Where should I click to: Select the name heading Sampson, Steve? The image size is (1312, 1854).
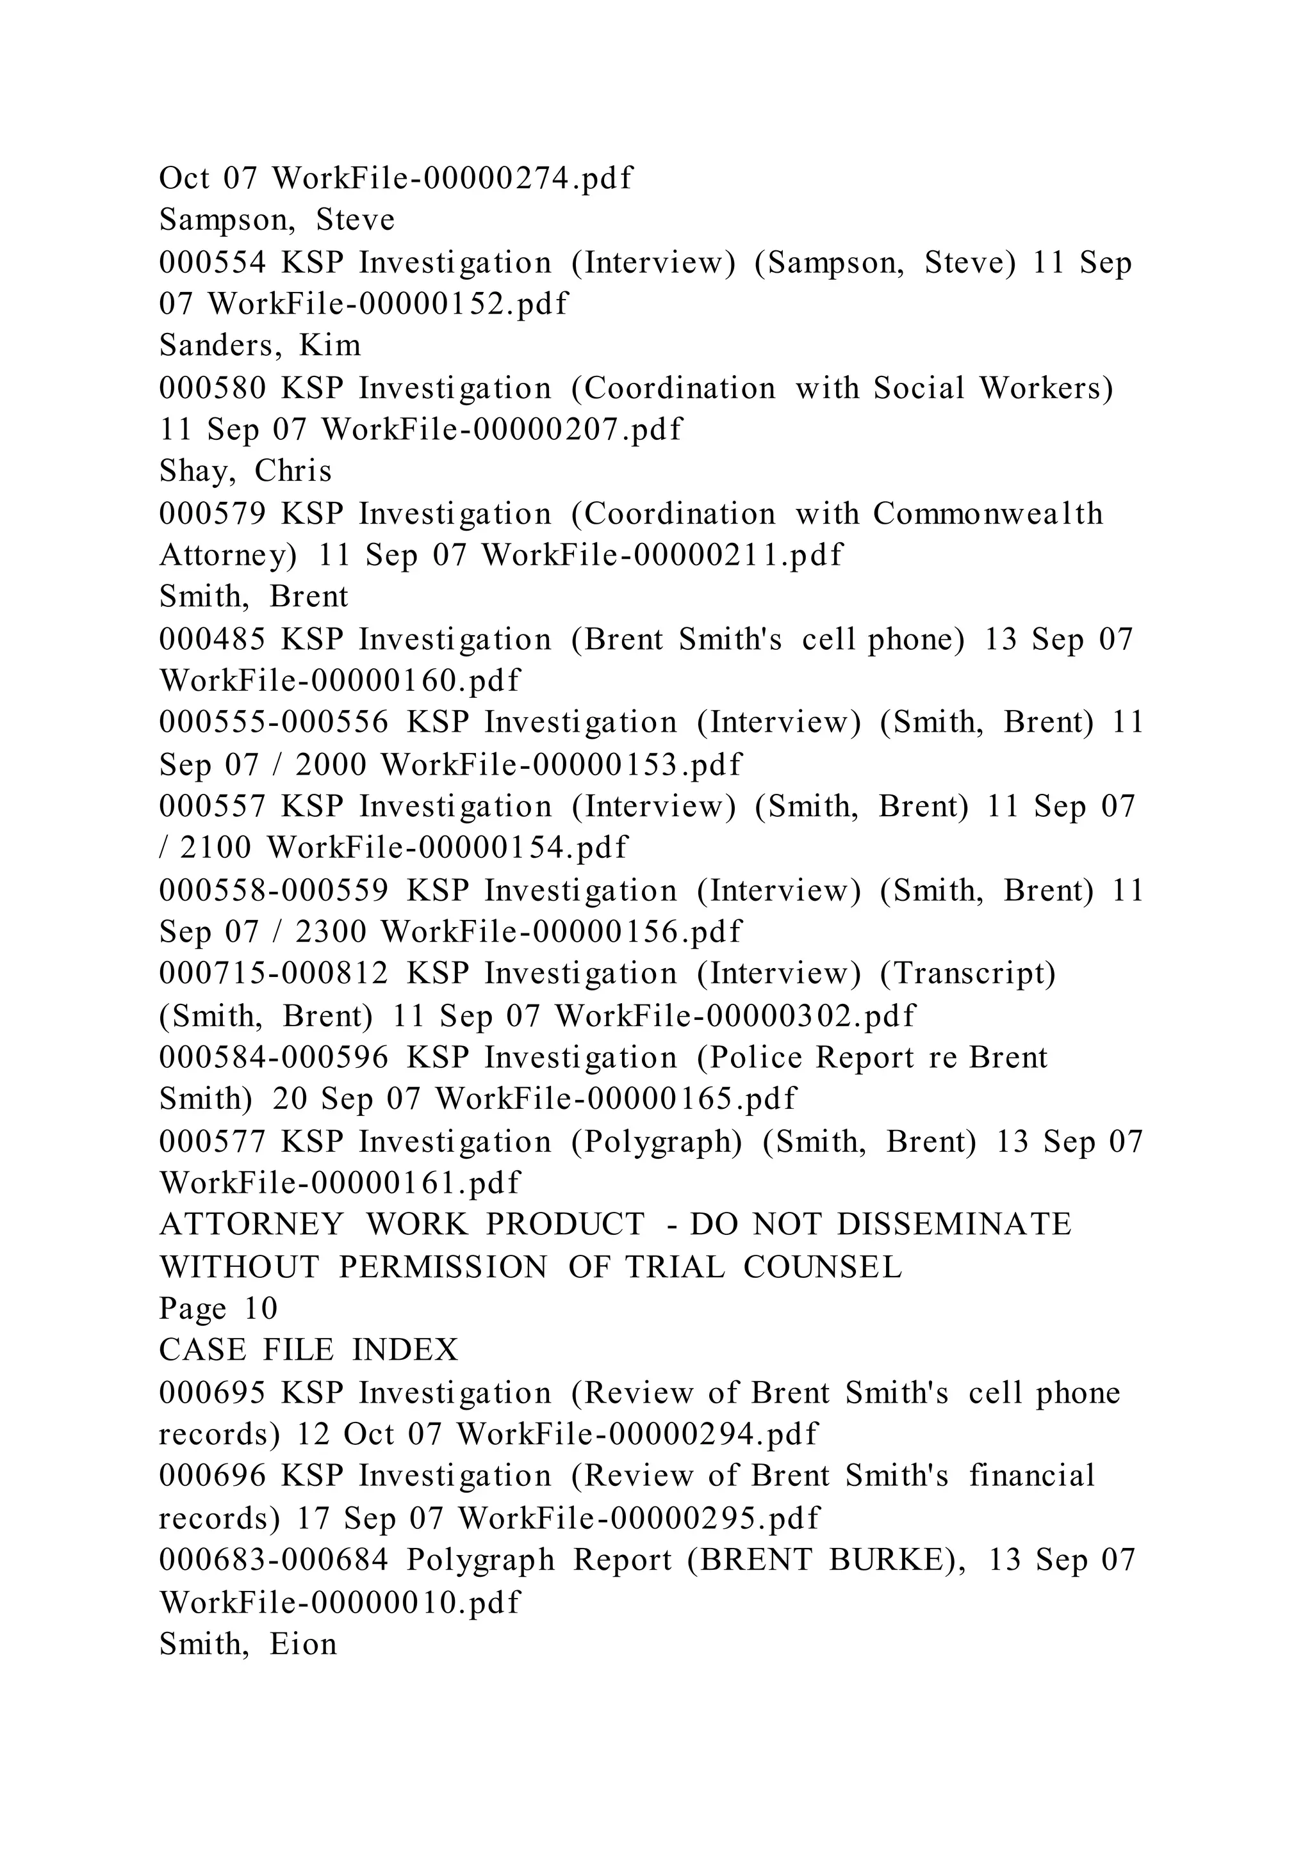[x=277, y=220]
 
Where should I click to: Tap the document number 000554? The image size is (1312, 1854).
[x=211, y=262]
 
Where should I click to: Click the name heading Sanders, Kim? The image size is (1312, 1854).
[x=259, y=346]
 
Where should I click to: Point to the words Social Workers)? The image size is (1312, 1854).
[x=993, y=389]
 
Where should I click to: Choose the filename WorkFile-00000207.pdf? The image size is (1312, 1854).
[x=502, y=430]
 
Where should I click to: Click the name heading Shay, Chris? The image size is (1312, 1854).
[x=245, y=472]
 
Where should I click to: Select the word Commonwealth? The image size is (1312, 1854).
[x=987, y=513]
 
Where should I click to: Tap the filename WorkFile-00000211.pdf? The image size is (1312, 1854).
[x=662, y=556]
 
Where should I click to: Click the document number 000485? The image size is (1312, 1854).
[x=211, y=640]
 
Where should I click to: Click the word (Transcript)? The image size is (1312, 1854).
[x=967, y=974]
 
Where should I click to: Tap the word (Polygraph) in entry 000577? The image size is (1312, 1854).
[x=656, y=1142]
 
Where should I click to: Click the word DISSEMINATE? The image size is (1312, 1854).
[x=953, y=1225]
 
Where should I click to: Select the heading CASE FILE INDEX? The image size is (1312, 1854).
[x=309, y=1350]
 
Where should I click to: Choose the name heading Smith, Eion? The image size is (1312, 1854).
[x=247, y=1643]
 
